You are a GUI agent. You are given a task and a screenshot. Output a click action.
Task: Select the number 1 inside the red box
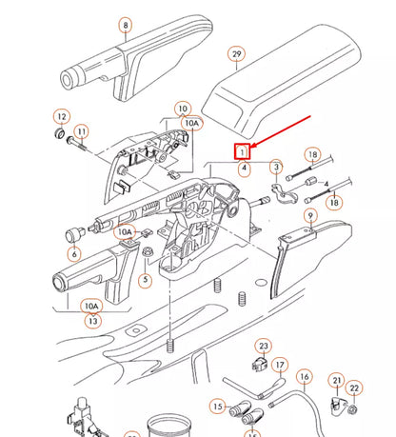244,150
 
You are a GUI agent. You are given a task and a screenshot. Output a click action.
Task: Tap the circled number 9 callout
309,217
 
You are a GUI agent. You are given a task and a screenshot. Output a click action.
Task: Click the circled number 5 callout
145,280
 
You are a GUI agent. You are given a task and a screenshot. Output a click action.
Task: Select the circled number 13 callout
91,321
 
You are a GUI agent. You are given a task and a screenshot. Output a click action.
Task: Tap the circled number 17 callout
279,364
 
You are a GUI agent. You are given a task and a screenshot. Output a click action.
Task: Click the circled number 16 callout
304,377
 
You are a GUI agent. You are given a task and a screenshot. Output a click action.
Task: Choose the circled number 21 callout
336,381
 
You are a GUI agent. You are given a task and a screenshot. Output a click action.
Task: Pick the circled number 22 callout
354,388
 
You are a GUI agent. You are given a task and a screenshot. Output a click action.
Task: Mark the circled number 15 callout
218,407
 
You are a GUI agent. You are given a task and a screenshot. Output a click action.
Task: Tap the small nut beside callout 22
352,409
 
